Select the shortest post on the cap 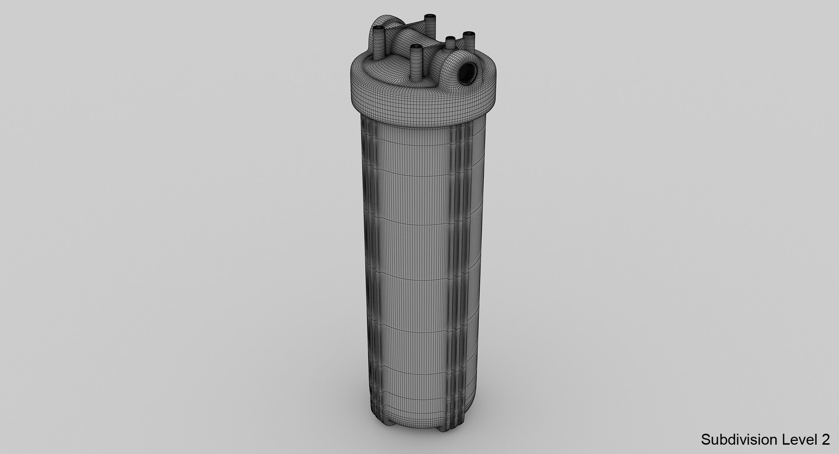coord(450,43)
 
